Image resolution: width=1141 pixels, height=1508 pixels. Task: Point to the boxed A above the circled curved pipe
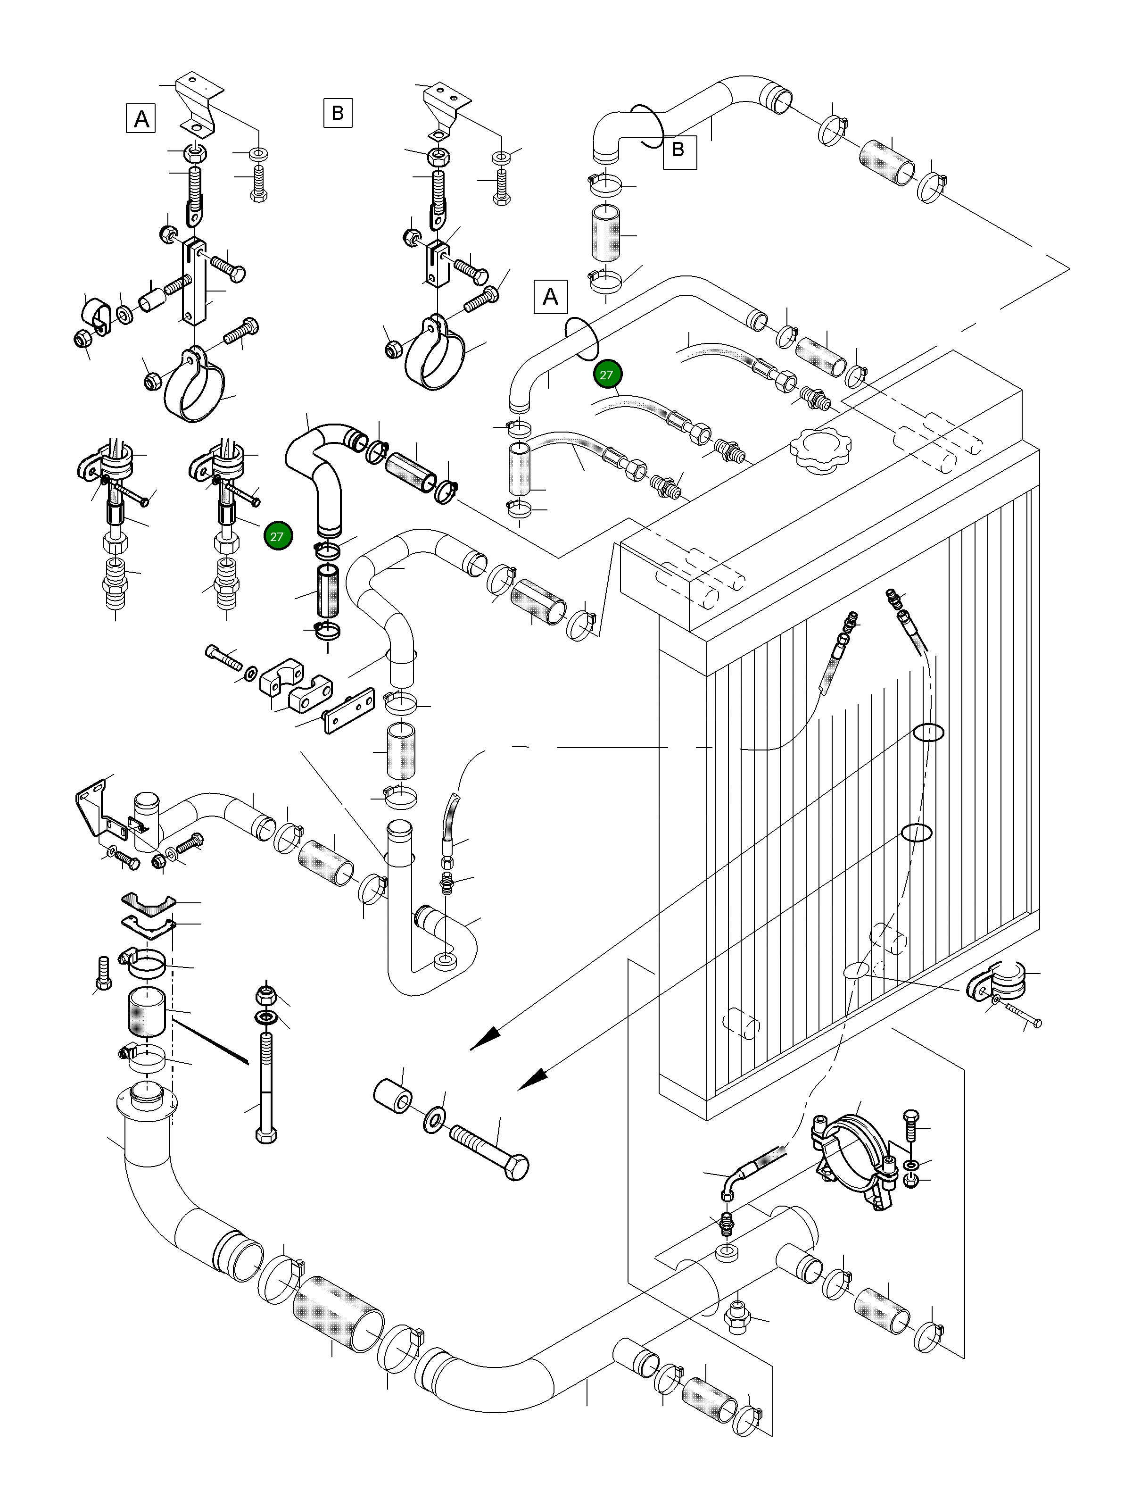(550, 297)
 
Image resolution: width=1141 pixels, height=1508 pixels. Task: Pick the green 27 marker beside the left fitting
(277, 536)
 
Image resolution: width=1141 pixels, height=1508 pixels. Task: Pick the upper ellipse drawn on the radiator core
(928, 732)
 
